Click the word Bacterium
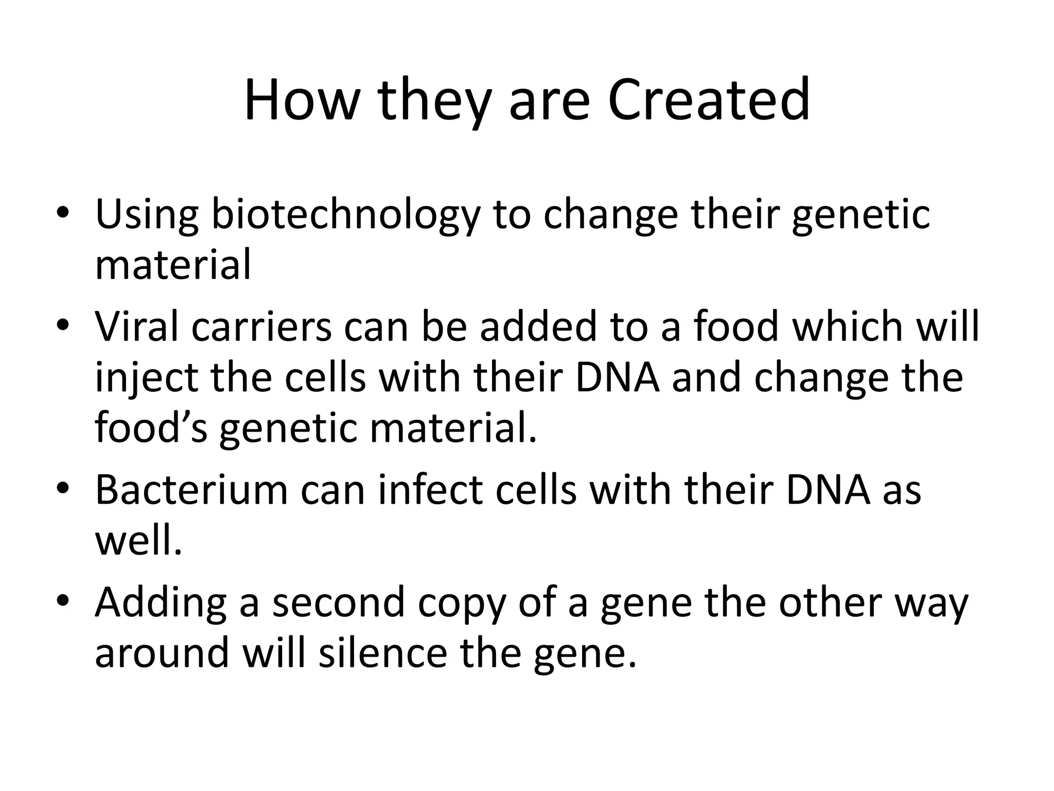(x=191, y=490)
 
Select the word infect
(x=430, y=490)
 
